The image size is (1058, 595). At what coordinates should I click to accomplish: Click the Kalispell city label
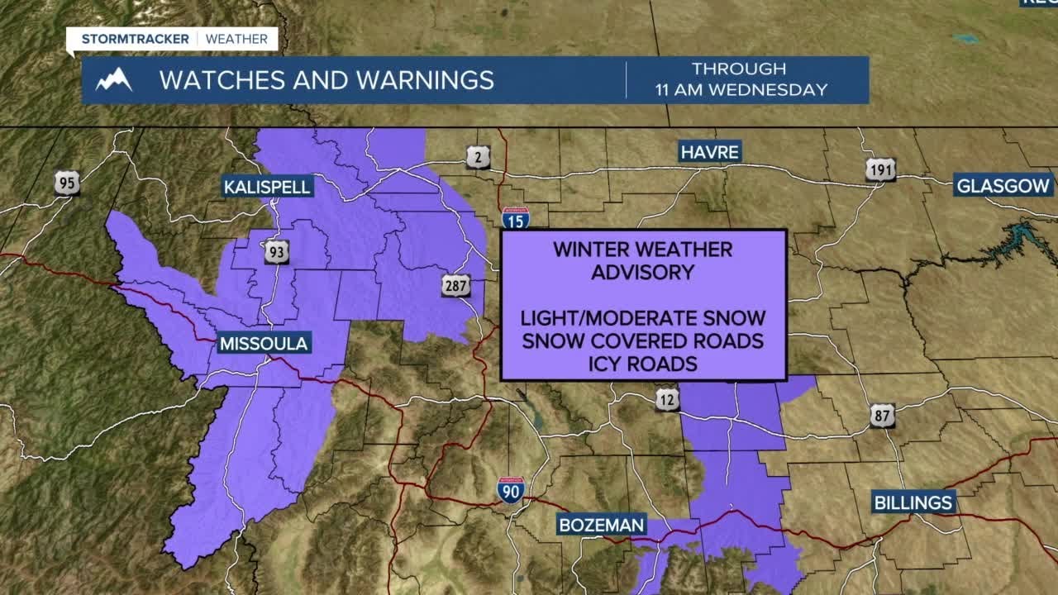(267, 187)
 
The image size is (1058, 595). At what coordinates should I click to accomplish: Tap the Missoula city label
(264, 343)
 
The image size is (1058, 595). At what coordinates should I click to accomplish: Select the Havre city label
(710, 151)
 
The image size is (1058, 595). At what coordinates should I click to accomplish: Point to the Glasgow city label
(1003, 185)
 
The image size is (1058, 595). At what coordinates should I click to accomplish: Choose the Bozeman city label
(601, 525)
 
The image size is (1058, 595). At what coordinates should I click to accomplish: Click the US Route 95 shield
(67, 183)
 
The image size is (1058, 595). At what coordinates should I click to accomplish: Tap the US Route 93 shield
(277, 252)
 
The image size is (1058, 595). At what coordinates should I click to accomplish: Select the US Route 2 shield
(478, 157)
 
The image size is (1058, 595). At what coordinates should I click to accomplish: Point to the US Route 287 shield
(455, 286)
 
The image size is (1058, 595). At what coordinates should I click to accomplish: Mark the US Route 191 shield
(880, 169)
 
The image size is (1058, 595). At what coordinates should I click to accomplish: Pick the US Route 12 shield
(669, 400)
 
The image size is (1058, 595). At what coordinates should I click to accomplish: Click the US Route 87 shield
(882, 415)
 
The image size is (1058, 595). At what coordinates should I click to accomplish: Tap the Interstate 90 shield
(510, 490)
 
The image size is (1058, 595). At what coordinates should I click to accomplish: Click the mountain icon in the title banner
(113, 80)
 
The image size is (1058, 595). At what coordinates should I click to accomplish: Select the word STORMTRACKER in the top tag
(136, 39)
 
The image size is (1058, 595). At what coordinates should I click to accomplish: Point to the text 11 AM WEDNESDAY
(741, 90)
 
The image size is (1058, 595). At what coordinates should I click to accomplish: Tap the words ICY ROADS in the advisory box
(642, 363)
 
